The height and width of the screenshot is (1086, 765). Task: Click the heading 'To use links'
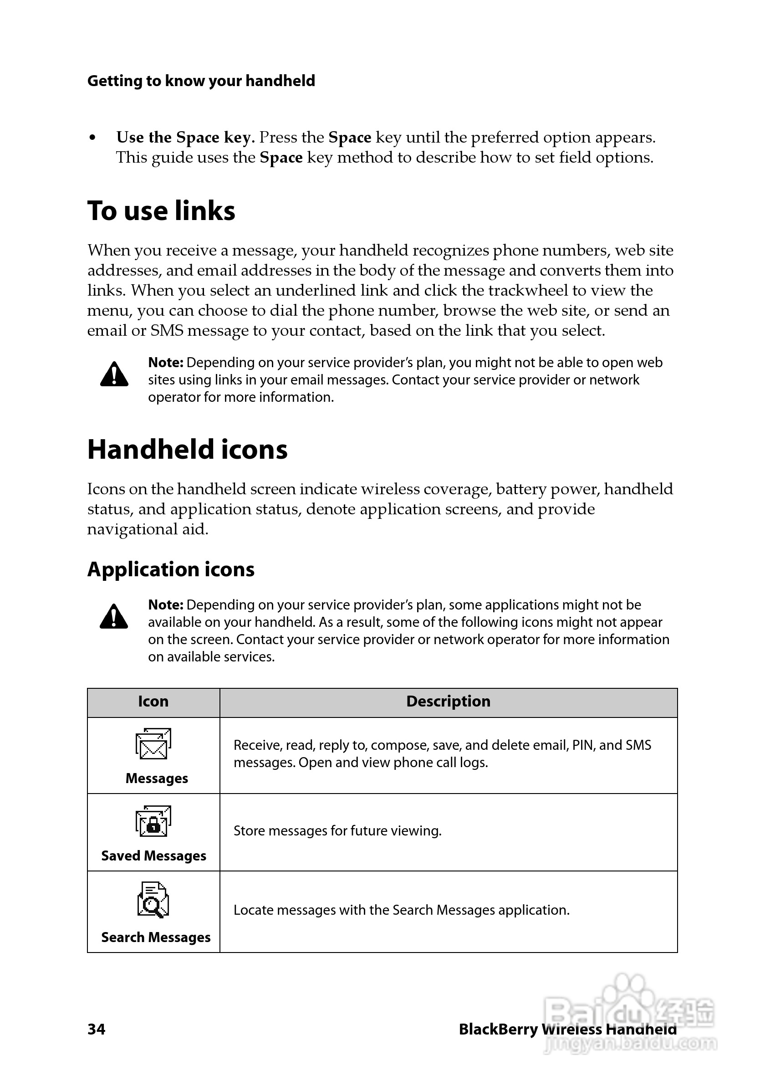(161, 211)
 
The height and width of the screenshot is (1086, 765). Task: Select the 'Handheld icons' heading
(187, 449)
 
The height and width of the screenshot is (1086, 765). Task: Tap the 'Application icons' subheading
(171, 569)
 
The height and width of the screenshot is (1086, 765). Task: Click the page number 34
(97, 1029)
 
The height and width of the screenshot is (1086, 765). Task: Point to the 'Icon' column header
(153, 701)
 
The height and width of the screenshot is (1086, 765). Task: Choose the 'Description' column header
(448, 701)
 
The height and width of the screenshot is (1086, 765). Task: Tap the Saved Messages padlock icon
(153, 821)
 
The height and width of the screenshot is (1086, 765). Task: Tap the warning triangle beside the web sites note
(114, 374)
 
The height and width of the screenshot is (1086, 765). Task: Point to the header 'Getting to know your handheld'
(201, 81)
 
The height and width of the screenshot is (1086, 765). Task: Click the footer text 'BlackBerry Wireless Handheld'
(567, 1029)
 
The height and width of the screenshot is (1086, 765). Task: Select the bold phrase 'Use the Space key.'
(186, 137)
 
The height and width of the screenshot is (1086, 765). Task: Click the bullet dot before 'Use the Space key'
(93, 138)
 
